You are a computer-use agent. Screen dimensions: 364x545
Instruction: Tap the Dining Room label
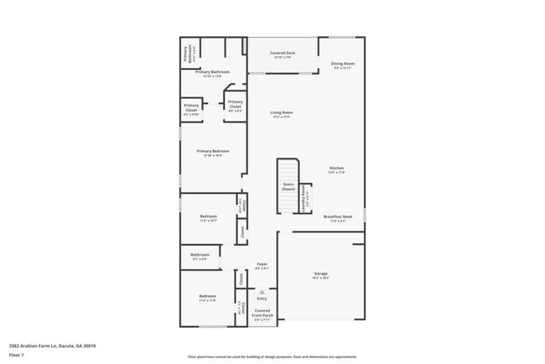(x=342, y=65)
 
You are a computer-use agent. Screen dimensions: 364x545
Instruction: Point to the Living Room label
(x=281, y=114)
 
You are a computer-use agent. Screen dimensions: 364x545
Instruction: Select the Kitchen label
(x=336, y=169)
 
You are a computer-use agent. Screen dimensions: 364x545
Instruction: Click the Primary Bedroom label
(x=212, y=153)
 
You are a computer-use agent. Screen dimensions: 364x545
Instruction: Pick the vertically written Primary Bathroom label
(x=189, y=54)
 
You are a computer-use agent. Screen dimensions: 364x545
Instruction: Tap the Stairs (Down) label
(x=288, y=187)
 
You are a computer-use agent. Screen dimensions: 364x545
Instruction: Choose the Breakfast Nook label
(x=338, y=218)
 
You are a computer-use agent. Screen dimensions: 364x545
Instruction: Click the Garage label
(x=320, y=275)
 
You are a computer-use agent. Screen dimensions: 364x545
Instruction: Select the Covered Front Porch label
(x=262, y=315)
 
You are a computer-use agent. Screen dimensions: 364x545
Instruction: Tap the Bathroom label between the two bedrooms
(x=200, y=256)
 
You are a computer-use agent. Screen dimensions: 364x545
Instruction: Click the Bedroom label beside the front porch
(x=207, y=298)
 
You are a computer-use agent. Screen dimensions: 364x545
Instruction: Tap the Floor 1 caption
(x=16, y=355)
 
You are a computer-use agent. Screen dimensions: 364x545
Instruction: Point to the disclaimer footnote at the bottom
(x=272, y=356)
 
